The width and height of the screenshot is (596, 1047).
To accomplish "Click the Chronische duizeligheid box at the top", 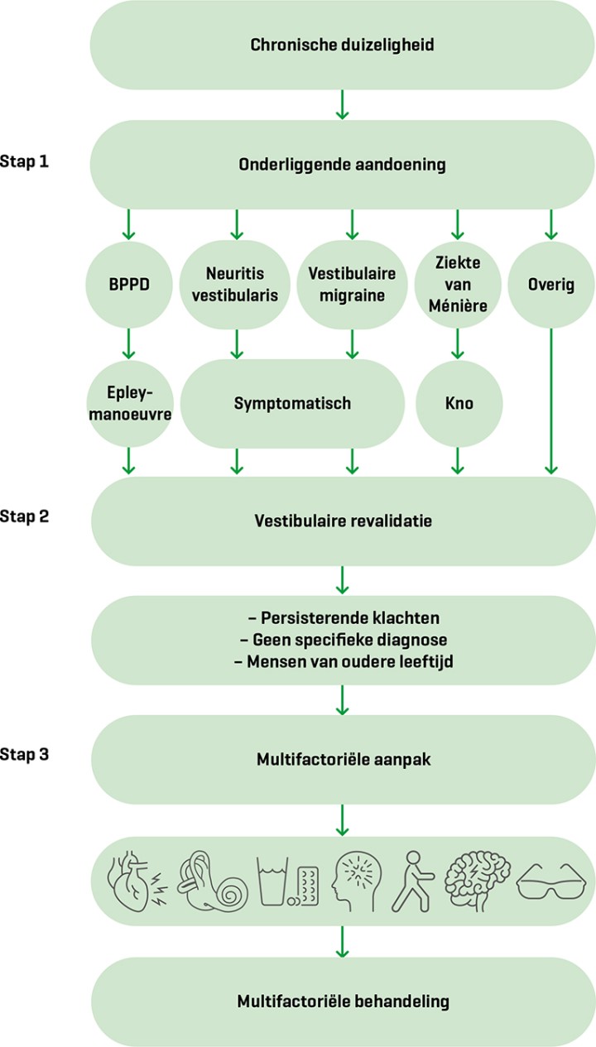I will click(x=342, y=44).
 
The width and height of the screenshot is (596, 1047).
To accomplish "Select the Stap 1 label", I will click(x=25, y=161).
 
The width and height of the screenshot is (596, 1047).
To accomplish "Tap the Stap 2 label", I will click(x=25, y=516).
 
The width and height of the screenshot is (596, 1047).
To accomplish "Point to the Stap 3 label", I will click(x=25, y=755).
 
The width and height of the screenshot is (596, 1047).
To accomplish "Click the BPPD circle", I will click(x=128, y=284).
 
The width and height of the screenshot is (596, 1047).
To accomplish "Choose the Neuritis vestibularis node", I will click(x=236, y=284).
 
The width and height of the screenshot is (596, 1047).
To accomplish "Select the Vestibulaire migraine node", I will click(x=352, y=284).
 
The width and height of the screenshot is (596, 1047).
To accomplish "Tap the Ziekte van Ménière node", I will click(x=456, y=284).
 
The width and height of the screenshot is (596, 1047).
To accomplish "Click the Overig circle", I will click(x=550, y=284).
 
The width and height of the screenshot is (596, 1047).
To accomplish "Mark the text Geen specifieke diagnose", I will click(x=342, y=640).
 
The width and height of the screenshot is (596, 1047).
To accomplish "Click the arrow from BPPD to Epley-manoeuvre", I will click(x=128, y=341).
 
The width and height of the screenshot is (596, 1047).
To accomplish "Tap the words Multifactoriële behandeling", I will click(x=342, y=1001).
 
